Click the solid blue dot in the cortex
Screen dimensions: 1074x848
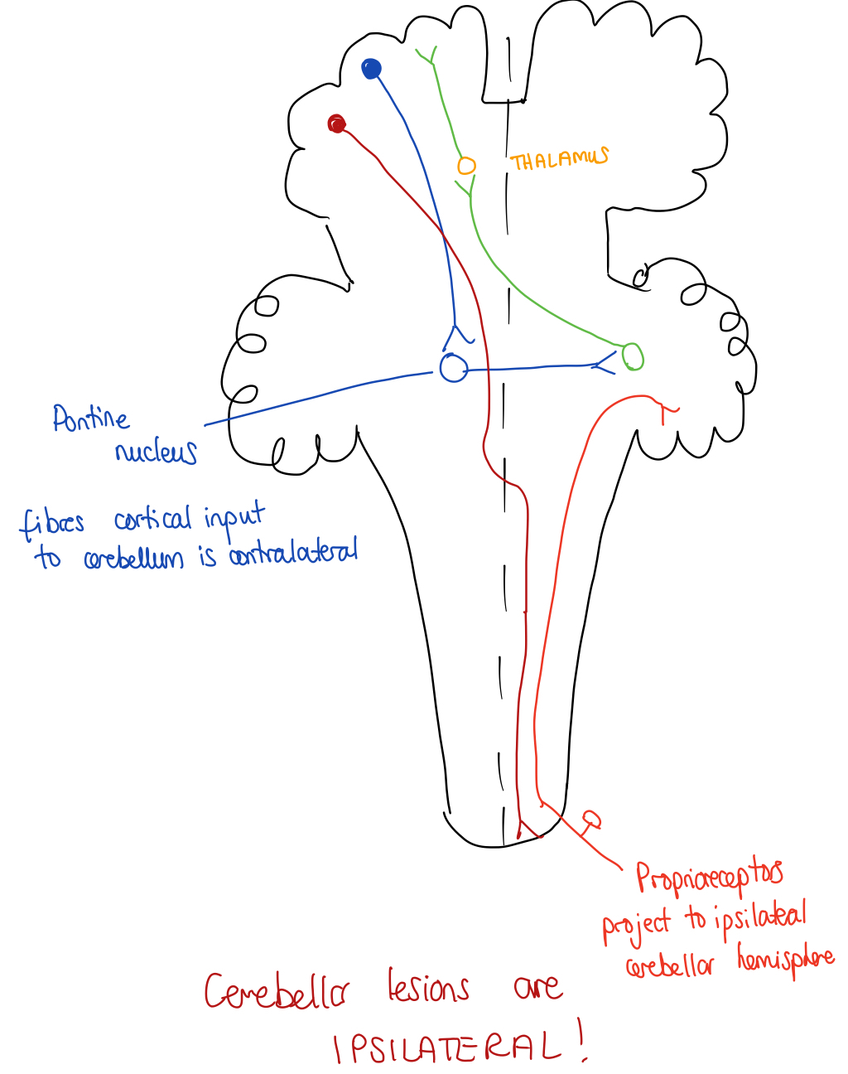click(x=372, y=69)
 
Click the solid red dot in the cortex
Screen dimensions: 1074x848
click(x=336, y=124)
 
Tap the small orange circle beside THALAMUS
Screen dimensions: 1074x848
click(x=466, y=166)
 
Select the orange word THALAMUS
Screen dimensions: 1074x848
click(x=559, y=159)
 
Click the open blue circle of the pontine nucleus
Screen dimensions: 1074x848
click(x=453, y=367)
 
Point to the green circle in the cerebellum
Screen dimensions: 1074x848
click(x=633, y=356)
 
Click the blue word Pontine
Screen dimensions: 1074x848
click(x=91, y=418)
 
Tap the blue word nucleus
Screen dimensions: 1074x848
click(x=156, y=452)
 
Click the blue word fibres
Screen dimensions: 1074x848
click(x=52, y=523)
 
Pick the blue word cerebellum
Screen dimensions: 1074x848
click(x=133, y=559)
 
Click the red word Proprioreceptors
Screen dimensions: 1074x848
click(x=709, y=877)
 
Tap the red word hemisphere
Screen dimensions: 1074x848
click(x=785, y=961)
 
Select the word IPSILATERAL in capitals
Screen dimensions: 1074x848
click(x=448, y=1048)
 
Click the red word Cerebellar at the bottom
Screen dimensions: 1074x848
click(x=277, y=991)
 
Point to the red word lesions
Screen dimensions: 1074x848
click(x=428, y=988)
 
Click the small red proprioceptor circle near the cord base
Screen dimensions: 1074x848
click(x=591, y=819)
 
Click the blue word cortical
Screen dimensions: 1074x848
click(x=152, y=520)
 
